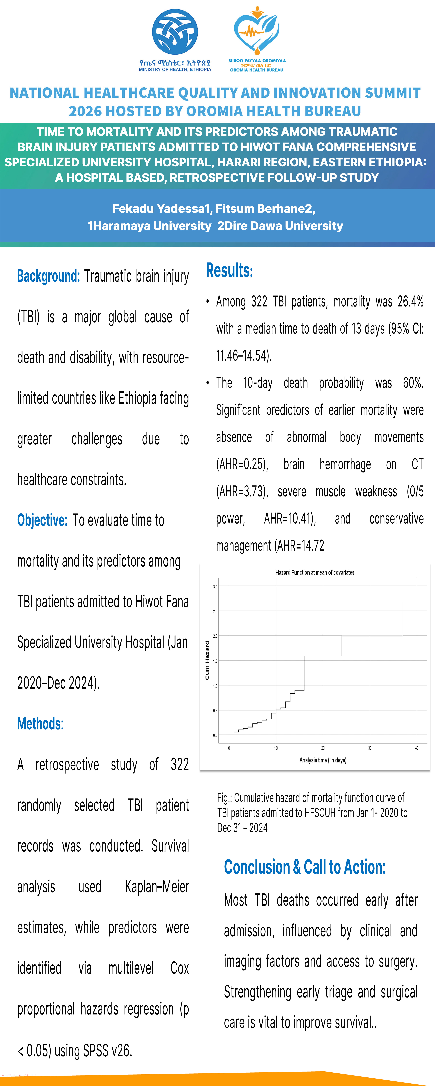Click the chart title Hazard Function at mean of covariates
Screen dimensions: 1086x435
point(315,572)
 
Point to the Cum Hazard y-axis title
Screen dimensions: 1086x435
point(207,660)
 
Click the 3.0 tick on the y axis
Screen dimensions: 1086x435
point(215,586)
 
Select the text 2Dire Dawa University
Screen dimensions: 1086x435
point(280,226)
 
